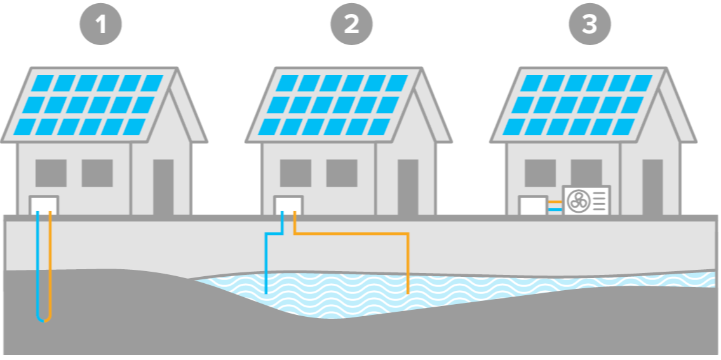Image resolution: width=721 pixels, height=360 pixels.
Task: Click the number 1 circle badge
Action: click(100, 25)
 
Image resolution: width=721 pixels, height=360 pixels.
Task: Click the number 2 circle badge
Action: click(351, 25)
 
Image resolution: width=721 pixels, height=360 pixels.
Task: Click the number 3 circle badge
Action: click(590, 25)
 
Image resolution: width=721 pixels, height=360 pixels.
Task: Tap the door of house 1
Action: click(163, 186)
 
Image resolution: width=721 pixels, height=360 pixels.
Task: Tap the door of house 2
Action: click(408, 186)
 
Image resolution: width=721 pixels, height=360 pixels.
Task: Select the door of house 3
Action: click(652, 186)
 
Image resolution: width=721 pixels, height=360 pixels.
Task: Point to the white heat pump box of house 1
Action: click(44, 204)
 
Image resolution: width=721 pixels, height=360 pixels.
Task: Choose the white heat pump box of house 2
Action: click(288, 204)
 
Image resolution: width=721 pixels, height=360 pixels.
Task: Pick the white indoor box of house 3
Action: click(533, 205)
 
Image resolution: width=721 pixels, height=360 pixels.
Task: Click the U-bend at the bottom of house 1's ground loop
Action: click(44, 319)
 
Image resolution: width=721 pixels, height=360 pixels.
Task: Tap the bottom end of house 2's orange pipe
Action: click(407, 293)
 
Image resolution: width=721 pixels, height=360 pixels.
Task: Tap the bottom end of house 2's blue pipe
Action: click(266, 293)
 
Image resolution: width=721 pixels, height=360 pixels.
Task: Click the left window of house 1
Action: click(51, 173)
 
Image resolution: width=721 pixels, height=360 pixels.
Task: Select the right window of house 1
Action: click(97, 173)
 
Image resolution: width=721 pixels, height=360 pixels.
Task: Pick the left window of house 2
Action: click(295, 173)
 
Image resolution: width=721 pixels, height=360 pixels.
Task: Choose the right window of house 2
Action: click(342, 173)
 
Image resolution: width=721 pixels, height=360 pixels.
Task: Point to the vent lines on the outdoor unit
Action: click(600, 201)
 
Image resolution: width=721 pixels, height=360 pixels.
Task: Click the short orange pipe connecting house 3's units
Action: click(555, 202)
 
